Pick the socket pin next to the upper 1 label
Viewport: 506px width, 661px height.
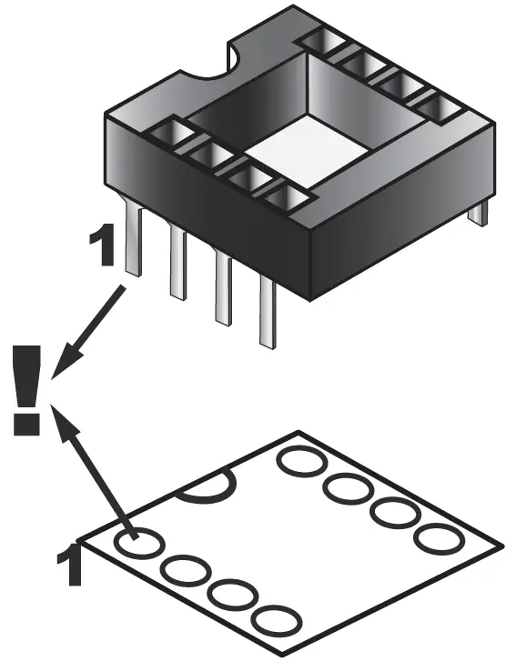click(133, 241)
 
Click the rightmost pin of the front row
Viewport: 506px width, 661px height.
click(267, 314)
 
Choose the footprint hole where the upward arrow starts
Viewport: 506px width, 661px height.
click(137, 543)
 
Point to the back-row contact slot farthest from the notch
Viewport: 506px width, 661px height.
click(441, 107)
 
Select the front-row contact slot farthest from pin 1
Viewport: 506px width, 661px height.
click(288, 197)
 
